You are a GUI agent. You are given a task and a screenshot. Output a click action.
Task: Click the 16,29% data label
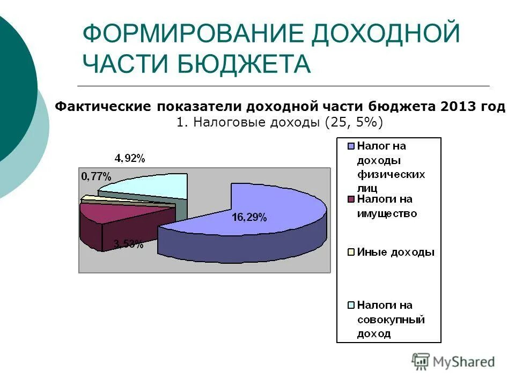pos(249,217)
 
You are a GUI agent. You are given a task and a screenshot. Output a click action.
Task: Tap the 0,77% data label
pos(96,176)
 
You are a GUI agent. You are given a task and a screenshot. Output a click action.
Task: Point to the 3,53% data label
pos(128,245)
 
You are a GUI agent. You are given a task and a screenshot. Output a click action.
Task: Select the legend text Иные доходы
pos(396,252)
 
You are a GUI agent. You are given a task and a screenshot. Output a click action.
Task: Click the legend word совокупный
pos(391,320)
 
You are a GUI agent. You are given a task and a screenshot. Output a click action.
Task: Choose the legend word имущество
pos(387,213)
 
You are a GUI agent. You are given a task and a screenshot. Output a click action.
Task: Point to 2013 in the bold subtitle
pos(455,107)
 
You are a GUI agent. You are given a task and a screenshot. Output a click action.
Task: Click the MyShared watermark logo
pos(453,362)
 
